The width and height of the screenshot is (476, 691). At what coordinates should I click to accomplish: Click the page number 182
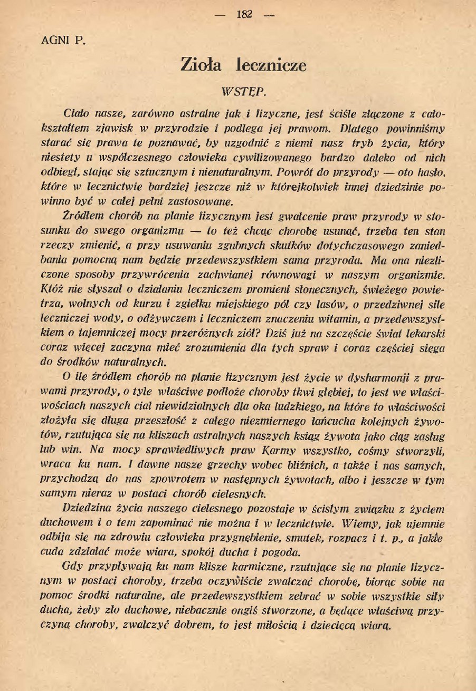[x=245, y=14]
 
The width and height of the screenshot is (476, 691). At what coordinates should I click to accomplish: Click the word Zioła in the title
[x=201, y=65]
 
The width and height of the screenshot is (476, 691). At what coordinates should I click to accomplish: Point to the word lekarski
[x=425, y=333]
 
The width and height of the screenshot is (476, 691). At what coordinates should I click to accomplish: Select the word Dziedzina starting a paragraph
[x=86, y=509]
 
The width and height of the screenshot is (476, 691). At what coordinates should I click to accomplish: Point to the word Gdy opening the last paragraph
[x=71, y=567]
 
